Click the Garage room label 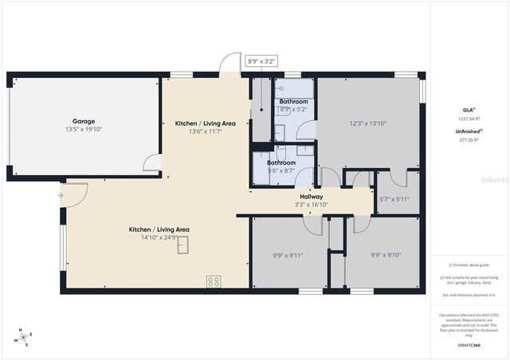(x=84, y=121)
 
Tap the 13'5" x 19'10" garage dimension (x=84, y=129)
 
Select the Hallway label (x=311, y=196)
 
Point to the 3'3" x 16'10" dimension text (x=311, y=204)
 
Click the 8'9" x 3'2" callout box (x=261, y=61)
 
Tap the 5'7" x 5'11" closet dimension (x=394, y=199)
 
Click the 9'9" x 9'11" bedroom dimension (x=288, y=256)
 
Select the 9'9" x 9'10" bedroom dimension (x=387, y=256)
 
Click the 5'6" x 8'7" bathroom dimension (x=280, y=170)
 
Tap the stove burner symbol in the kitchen (x=214, y=280)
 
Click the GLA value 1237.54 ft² (x=469, y=118)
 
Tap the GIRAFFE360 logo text (x=469, y=345)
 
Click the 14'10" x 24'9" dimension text (x=159, y=237)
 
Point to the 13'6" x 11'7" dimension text (x=205, y=131)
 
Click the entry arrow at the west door (x=61, y=194)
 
